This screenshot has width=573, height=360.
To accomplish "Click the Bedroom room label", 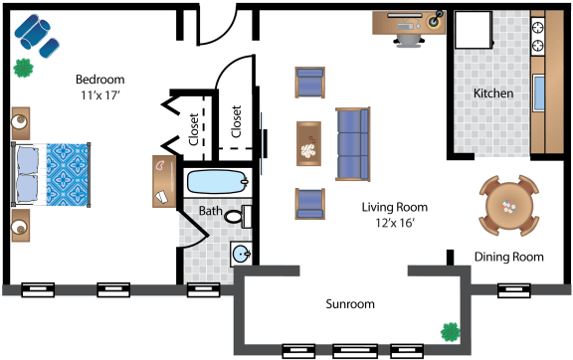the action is click(x=99, y=80).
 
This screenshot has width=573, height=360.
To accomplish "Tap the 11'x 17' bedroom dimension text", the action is click(x=100, y=95).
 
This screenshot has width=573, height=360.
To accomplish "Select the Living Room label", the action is click(x=395, y=207).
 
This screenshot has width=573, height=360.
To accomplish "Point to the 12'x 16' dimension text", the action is click(x=395, y=223).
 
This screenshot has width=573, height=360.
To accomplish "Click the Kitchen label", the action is click(x=493, y=93).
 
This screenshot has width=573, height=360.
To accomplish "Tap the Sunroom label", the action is click(x=350, y=304).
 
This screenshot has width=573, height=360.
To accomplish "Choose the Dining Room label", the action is click(x=509, y=257).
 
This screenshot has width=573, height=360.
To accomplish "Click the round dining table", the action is click(x=508, y=206).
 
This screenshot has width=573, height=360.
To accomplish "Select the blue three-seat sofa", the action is click(x=353, y=144).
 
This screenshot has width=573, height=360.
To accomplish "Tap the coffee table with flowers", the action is click(x=308, y=143).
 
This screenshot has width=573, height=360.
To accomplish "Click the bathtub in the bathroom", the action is click(x=218, y=182).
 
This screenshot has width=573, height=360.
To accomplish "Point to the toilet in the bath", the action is click(x=238, y=217).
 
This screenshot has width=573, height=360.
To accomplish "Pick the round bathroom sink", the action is click(x=241, y=254).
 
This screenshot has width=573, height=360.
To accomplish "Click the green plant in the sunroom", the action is click(x=451, y=332).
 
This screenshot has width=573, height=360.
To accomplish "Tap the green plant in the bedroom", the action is click(x=24, y=68).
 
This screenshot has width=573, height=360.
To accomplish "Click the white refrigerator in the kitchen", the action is click(x=474, y=30).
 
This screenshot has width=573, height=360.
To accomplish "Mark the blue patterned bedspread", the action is click(x=69, y=175).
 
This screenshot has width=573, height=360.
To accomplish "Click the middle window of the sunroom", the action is click(x=355, y=351).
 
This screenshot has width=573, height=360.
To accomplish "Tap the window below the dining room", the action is click(x=513, y=290).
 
